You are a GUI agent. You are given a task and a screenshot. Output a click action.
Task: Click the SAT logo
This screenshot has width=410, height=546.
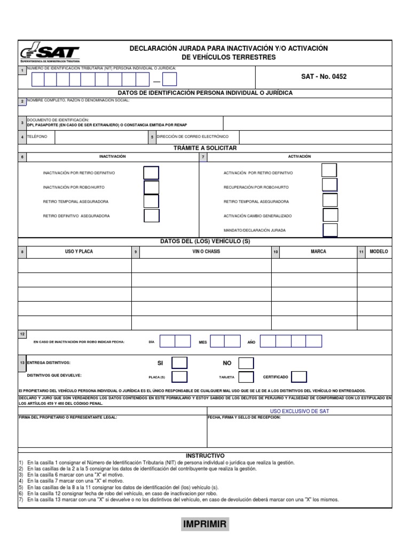coord(50,53)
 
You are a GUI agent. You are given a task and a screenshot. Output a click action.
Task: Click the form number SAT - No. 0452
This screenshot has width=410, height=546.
coord(324,77)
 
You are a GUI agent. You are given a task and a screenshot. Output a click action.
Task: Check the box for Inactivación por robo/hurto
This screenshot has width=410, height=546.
coord(152,187)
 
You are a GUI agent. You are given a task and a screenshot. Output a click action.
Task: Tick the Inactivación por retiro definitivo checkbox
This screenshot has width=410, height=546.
coord(152,173)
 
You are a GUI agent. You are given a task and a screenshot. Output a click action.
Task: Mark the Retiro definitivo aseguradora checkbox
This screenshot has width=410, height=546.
coord(152,216)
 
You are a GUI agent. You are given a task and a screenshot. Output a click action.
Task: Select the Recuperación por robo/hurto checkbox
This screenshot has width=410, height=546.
coord(330,185)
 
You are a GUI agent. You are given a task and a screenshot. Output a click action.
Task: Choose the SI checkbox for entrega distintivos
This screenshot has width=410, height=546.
coord(179,363)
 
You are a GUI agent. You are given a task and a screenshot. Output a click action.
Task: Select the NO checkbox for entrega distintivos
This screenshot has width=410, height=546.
coord(246,363)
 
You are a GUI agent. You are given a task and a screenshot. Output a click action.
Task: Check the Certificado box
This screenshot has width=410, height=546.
coord(299,377)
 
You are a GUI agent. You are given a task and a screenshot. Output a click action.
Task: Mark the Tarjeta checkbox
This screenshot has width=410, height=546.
coord(246,377)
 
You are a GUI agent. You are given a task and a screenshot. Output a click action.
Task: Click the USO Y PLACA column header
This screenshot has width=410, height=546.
coord(79,252)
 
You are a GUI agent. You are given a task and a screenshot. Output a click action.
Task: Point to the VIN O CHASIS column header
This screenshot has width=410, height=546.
coord(206,252)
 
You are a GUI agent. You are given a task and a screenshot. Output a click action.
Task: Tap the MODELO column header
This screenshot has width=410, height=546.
coord(379,252)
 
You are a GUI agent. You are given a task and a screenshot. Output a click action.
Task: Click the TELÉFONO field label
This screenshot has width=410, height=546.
coord(37,137)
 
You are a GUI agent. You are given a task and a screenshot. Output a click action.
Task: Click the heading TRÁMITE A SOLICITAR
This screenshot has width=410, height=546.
coord(205,148)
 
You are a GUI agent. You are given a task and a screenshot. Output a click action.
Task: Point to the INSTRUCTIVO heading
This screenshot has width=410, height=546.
coord(205,456)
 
